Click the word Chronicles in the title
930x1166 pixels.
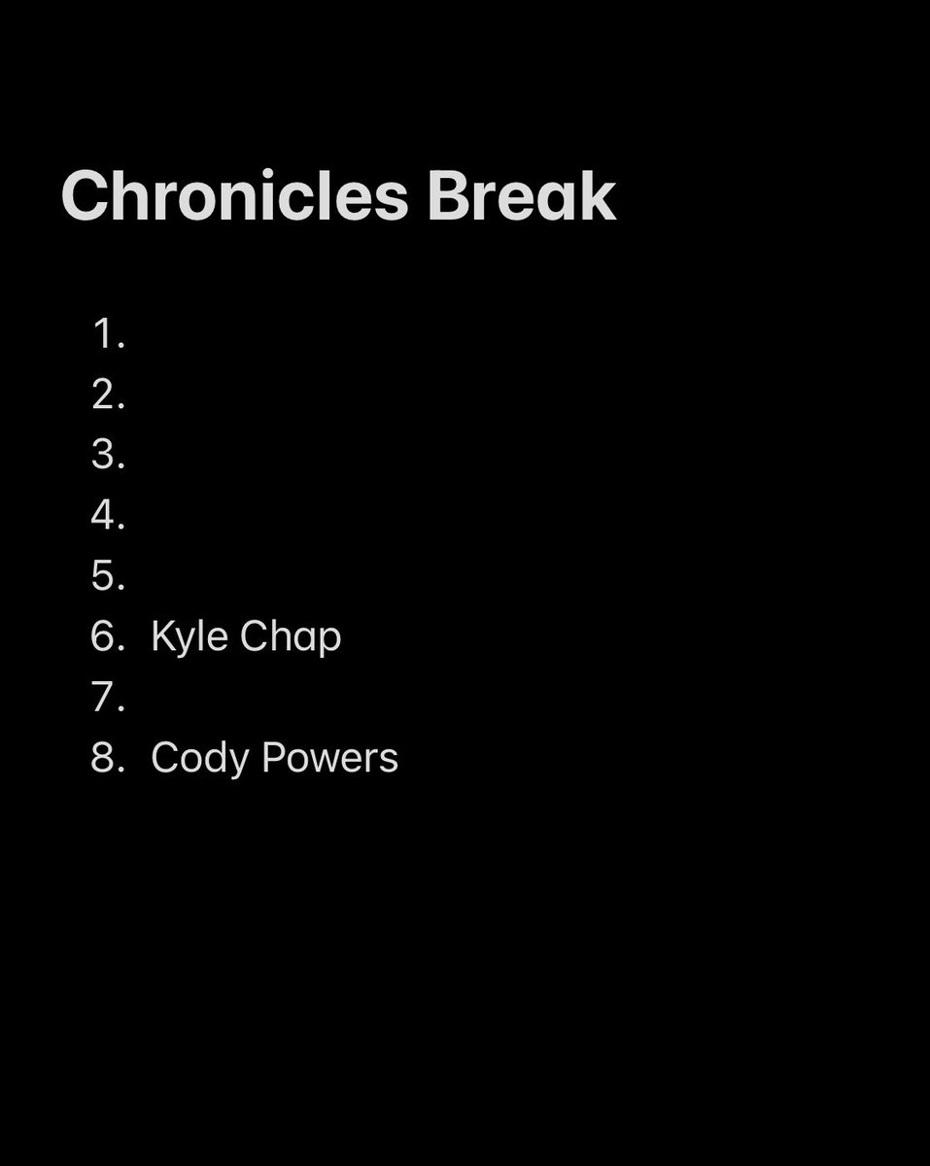(x=234, y=197)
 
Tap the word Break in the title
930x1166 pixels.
(x=521, y=197)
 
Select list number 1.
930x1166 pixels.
(x=109, y=334)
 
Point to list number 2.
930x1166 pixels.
(x=109, y=394)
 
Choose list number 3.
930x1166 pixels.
(x=109, y=455)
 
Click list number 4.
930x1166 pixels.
(x=109, y=516)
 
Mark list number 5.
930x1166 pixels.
(x=109, y=576)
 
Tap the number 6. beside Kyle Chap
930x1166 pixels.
(x=109, y=636)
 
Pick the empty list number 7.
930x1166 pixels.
(x=109, y=697)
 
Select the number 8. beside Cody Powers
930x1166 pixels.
(x=109, y=758)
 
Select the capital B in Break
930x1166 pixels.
(x=447, y=197)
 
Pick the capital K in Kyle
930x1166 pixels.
(x=162, y=636)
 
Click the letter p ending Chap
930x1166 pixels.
(x=330, y=640)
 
